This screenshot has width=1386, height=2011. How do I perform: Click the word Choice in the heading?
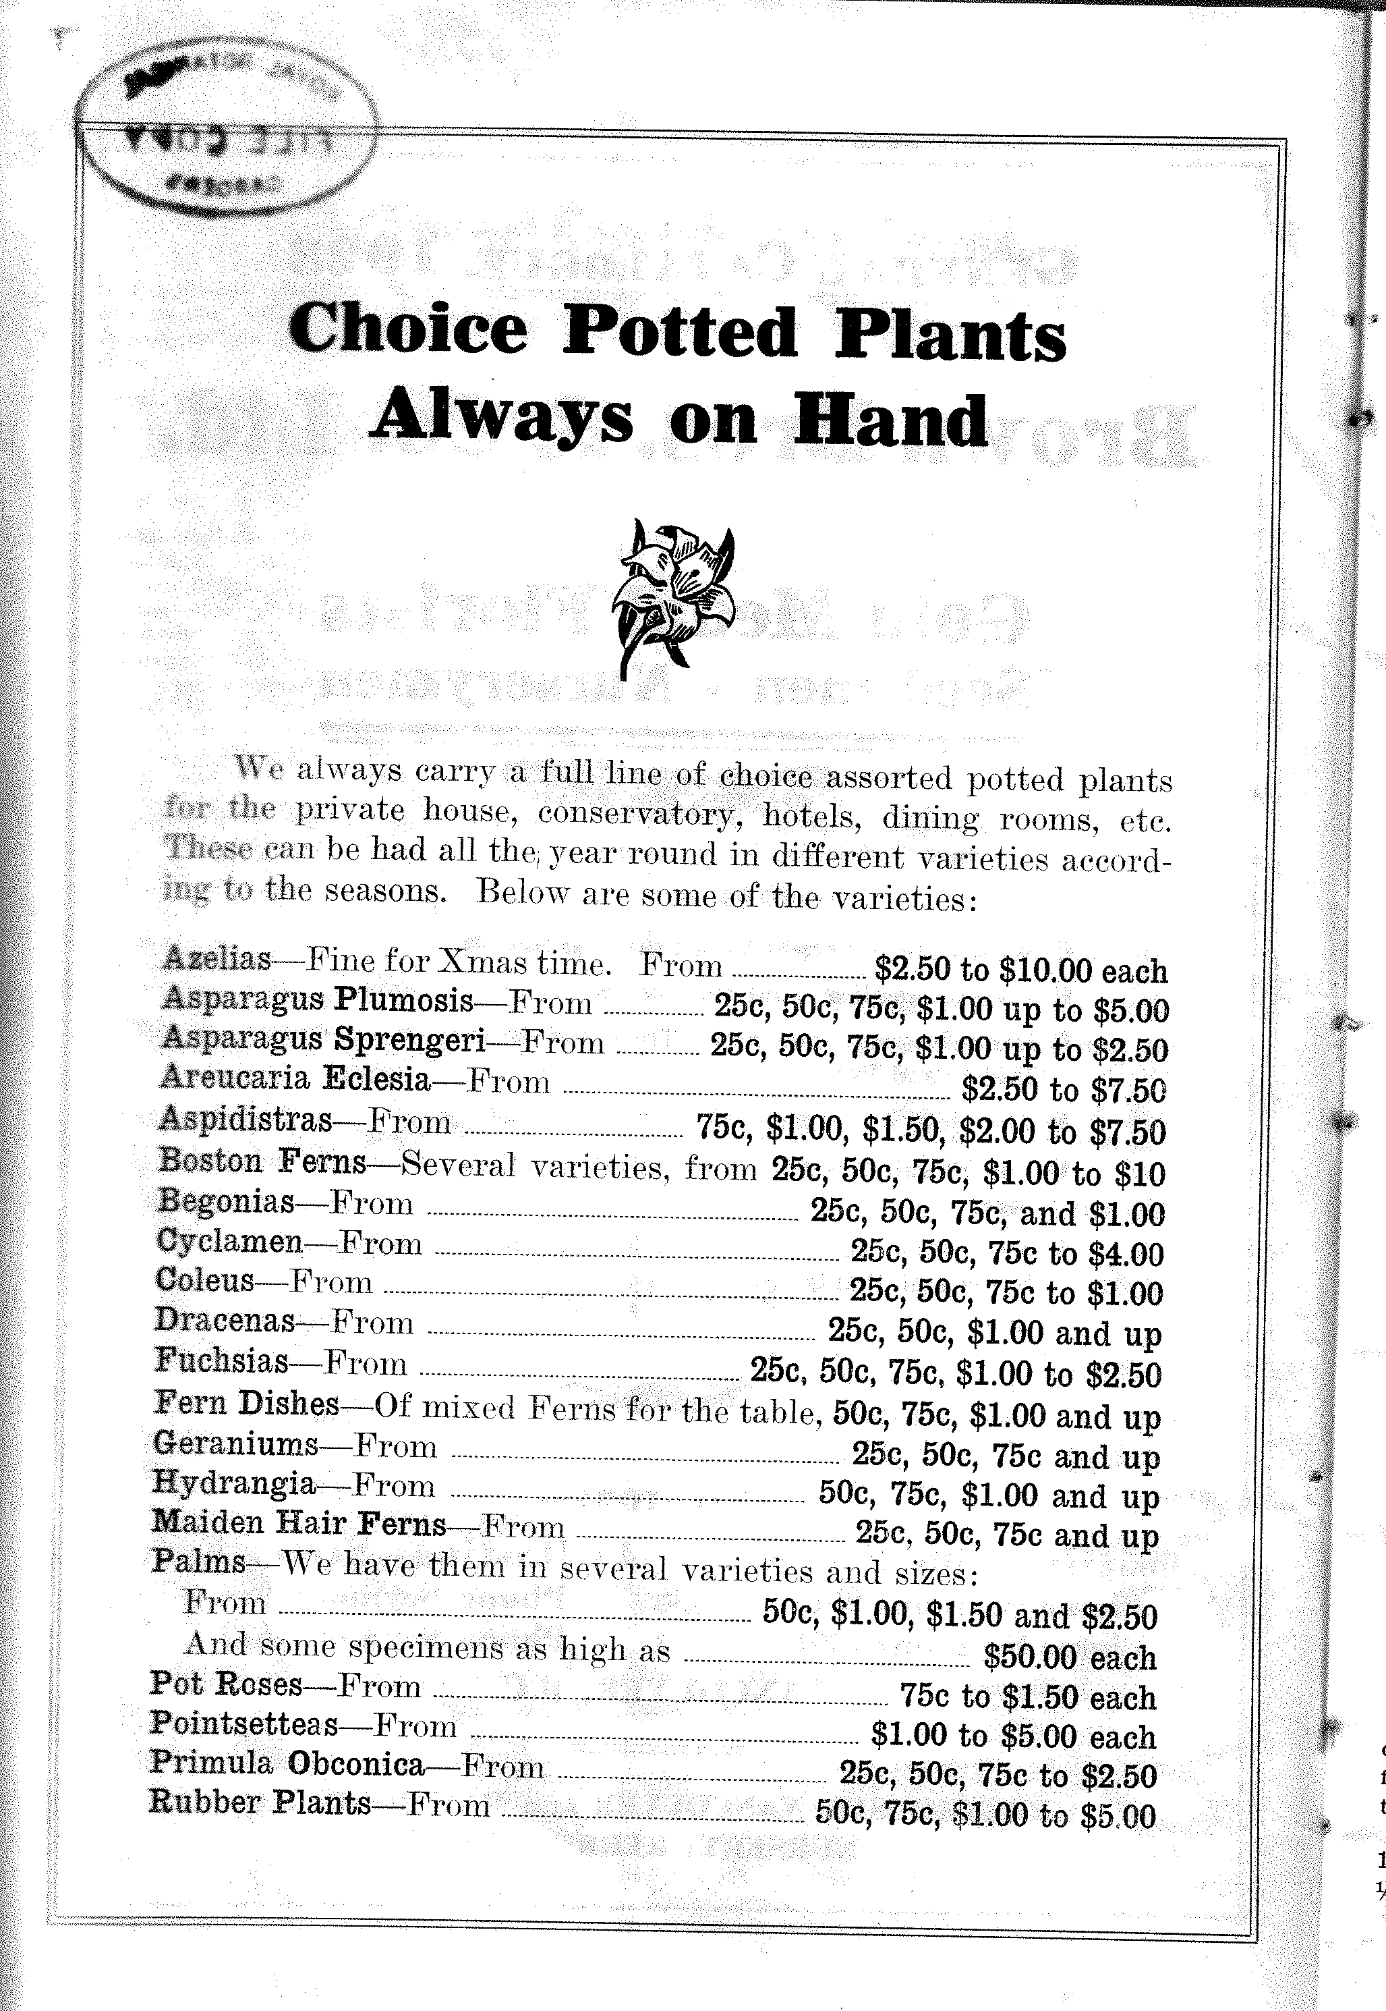click(x=407, y=329)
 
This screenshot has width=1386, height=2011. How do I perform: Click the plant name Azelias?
click(x=217, y=958)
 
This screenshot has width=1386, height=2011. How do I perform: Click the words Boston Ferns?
click(x=262, y=1161)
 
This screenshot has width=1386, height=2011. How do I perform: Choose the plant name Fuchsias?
click(x=221, y=1360)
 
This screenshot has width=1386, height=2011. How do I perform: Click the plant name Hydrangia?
click(x=233, y=1482)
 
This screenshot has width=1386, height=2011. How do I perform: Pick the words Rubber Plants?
click(x=260, y=1802)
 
